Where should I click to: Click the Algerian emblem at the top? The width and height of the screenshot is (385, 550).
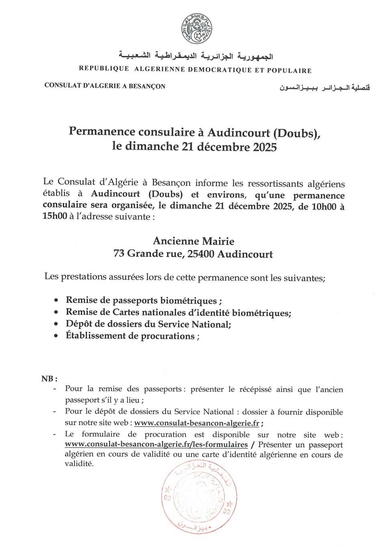click(x=196, y=29)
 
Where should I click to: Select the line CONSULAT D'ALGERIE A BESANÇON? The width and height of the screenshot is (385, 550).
click(x=105, y=86)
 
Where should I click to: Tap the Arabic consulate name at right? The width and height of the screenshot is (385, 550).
click(x=324, y=88)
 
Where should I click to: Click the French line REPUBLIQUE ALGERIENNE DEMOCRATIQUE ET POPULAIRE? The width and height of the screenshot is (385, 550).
click(x=195, y=70)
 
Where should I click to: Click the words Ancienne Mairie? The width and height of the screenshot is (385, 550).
click(x=193, y=241)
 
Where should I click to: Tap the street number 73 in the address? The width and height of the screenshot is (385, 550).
click(x=119, y=254)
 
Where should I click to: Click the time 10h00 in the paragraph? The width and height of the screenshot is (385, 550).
click(x=324, y=207)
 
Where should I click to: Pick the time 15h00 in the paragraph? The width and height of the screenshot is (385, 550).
click(x=55, y=217)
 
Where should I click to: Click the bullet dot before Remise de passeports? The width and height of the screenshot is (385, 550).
click(x=56, y=300)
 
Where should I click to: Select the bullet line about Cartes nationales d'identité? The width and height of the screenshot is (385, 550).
click(x=178, y=313)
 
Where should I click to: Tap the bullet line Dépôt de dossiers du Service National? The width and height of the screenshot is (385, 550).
click(x=148, y=324)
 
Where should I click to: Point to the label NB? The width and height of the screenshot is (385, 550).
click(x=49, y=379)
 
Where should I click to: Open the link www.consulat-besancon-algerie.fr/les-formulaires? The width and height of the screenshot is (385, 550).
click(x=156, y=445)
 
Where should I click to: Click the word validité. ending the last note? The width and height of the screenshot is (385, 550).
click(x=79, y=464)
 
